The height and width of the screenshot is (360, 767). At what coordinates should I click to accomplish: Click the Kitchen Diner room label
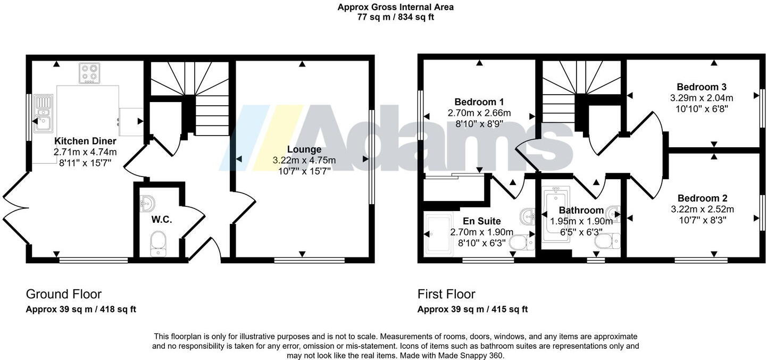coord(85,141)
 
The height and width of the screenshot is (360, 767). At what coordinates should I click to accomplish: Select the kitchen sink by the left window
coord(43,113)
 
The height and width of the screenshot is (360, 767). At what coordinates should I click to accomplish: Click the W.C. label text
coord(157,220)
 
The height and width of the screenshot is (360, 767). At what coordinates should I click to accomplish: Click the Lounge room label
coord(304,149)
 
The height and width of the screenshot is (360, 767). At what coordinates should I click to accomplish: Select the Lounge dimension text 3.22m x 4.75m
coord(304,160)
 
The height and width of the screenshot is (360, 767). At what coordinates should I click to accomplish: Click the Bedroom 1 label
coord(479,102)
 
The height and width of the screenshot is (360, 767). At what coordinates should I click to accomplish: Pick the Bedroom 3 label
coord(702,87)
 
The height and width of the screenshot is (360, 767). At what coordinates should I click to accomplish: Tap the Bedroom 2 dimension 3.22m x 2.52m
coord(702,209)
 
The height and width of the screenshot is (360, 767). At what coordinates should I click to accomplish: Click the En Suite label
coord(481,221)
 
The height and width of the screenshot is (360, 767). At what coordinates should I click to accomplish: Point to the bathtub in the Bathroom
coord(556,215)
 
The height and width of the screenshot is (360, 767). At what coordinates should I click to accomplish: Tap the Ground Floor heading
coord(64,294)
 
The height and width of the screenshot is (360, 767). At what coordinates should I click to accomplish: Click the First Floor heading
coord(446,294)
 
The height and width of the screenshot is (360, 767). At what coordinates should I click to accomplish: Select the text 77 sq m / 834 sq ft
coord(396,17)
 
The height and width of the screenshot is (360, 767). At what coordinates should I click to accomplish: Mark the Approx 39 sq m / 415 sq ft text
coord(472,309)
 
